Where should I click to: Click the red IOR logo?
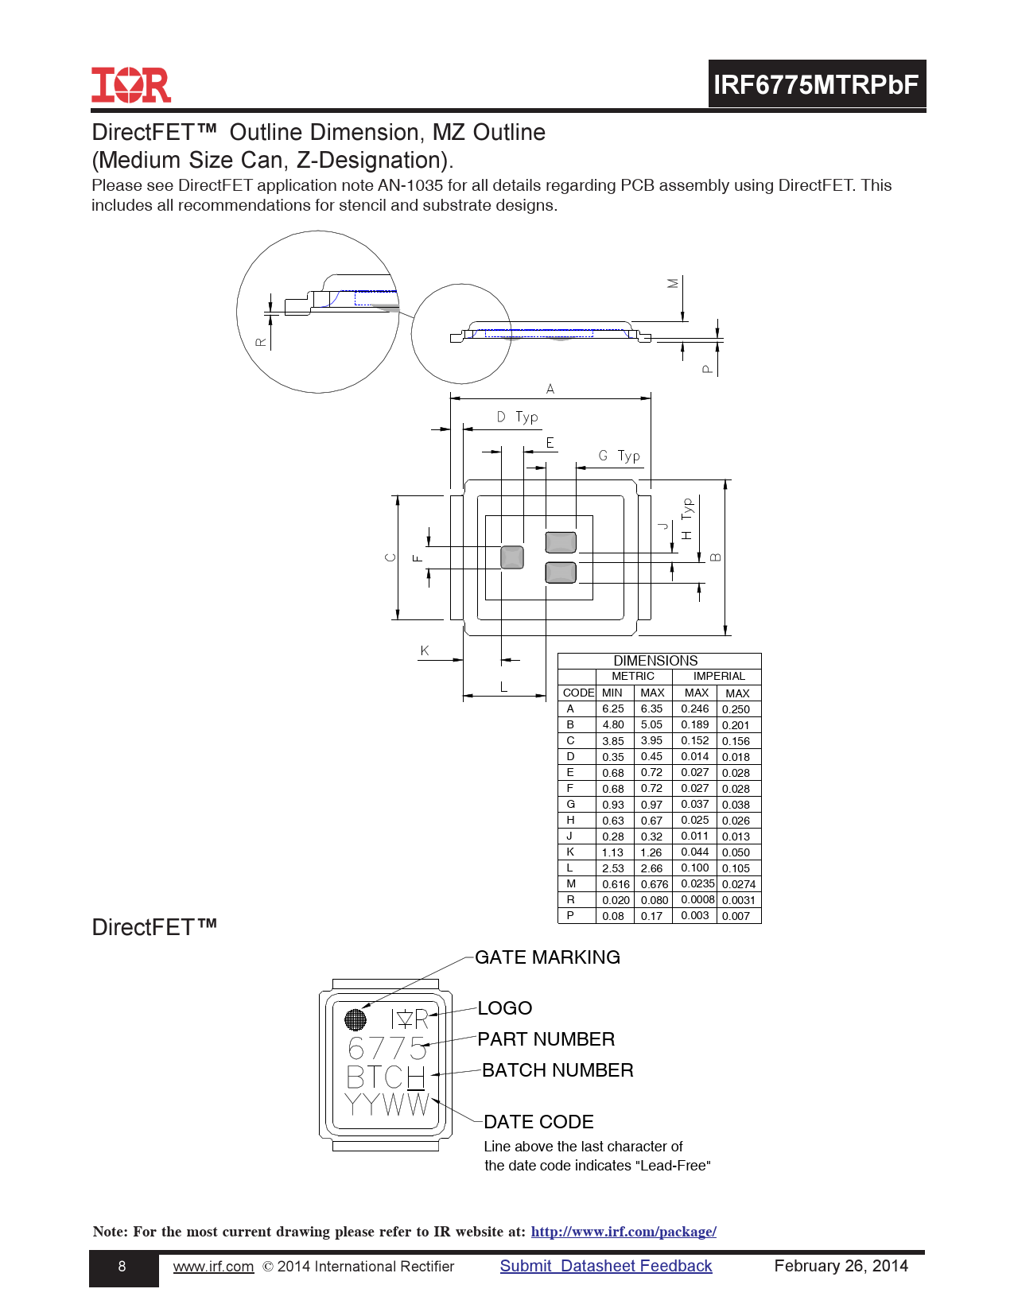131,85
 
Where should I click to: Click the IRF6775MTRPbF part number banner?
817,84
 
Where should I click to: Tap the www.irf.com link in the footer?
213,1266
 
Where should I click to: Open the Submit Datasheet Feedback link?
606,1266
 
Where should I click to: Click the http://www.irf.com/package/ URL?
624,1231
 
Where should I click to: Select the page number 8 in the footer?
122,1266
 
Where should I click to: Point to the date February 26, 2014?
841,1266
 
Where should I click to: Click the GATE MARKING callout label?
547,957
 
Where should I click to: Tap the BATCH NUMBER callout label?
558,1070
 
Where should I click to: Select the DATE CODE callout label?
538,1122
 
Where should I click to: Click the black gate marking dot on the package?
355,1019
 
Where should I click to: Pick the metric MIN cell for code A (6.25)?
612,708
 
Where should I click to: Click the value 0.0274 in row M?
739,884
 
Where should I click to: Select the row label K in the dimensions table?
570,852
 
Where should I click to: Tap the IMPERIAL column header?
719,676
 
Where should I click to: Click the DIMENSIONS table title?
655,661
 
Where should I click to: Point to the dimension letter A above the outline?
550,389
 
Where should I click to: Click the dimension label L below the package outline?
503,687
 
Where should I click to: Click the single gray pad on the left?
512,557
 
